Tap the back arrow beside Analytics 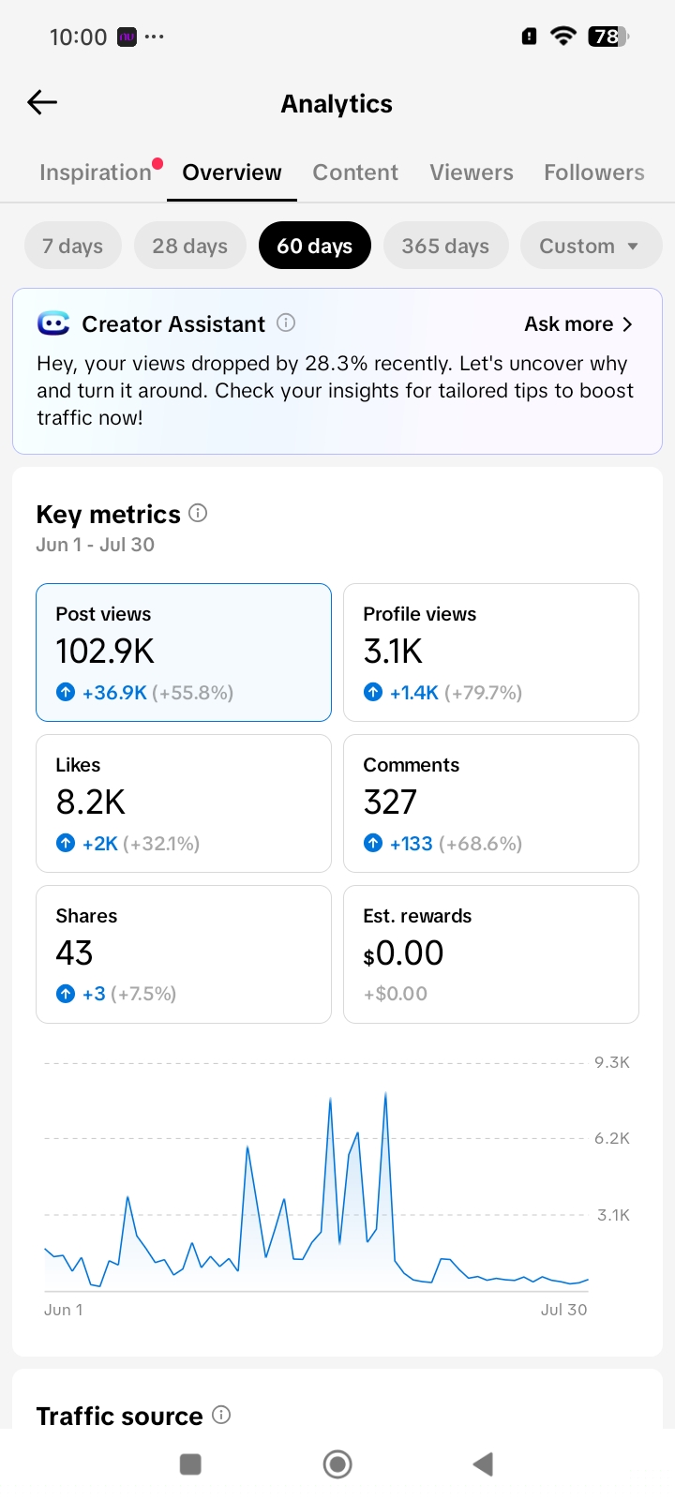[x=42, y=102]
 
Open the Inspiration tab [x=95, y=172]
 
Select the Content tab [x=355, y=172]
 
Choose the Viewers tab [x=472, y=172]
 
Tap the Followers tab [x=594, y=172]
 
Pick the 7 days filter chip [x=73, y=246]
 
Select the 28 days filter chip [x=190, y=246]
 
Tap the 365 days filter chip [x=445, y=246]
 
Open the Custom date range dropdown [x=591, y=246]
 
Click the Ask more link [x=577, y=324]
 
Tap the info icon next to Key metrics [x=198, y=514]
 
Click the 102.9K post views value [x=105, y=651]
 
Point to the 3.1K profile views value [x=393, y=651]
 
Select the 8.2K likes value [x=90, y=802]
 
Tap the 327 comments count [x=390, y=802]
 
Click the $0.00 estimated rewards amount [x=403, y=952]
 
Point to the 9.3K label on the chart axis [x=612, y=1062]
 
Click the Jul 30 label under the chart [x=563, y=1310]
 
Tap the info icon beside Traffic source [x=221, y=1415]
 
